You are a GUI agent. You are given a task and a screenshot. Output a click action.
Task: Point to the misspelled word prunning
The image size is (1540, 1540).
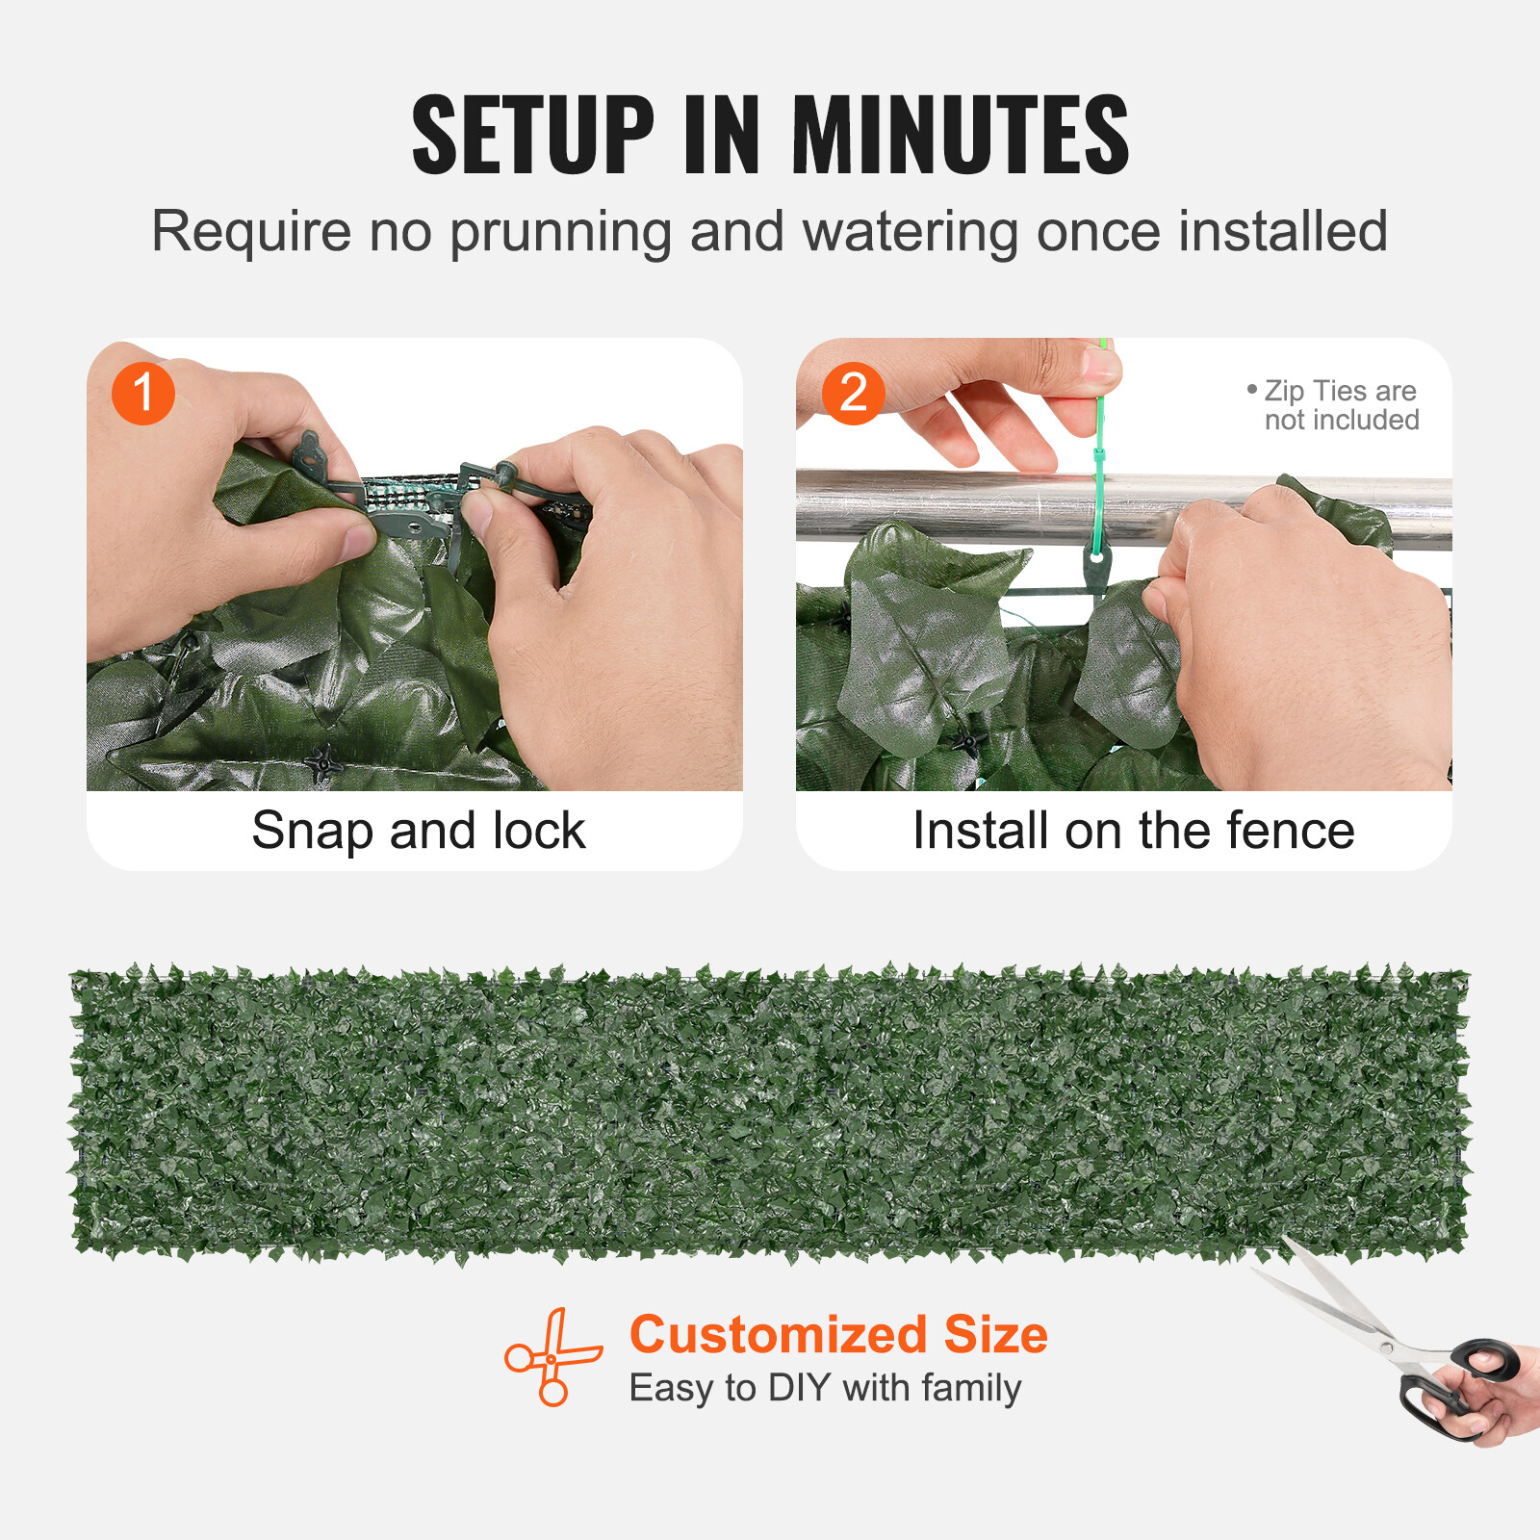click(560, 233)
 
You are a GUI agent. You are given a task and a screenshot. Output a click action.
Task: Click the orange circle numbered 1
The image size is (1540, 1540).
click(143, 393)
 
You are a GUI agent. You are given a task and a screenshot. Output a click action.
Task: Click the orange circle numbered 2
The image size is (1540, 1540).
click(853, 393)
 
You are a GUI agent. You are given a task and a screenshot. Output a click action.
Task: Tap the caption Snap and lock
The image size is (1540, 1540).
click(418, 831)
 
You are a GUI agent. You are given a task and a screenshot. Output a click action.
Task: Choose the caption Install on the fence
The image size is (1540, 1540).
click(1133, 831)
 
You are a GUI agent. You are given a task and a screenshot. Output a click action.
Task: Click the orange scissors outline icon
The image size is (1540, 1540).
click(552, 1357)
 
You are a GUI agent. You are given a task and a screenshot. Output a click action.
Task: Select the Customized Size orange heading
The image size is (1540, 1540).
click(838, 1335)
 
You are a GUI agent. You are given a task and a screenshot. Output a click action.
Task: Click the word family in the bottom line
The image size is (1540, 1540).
click(971, 1389)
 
